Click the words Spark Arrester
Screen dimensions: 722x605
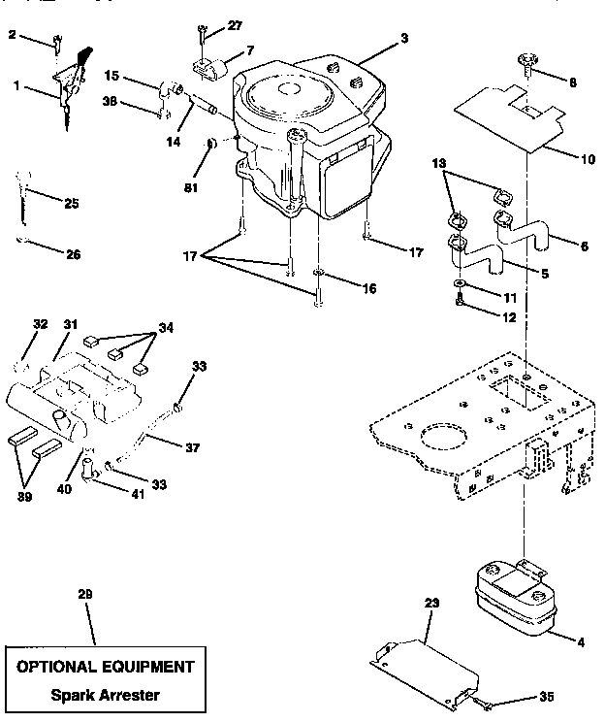[x=106, y=695]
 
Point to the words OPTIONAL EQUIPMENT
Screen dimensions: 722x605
[x=105, y=667]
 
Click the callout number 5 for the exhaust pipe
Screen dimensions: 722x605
[x=545, y=275]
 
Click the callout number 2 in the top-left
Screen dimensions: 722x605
[x=12, y=35]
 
